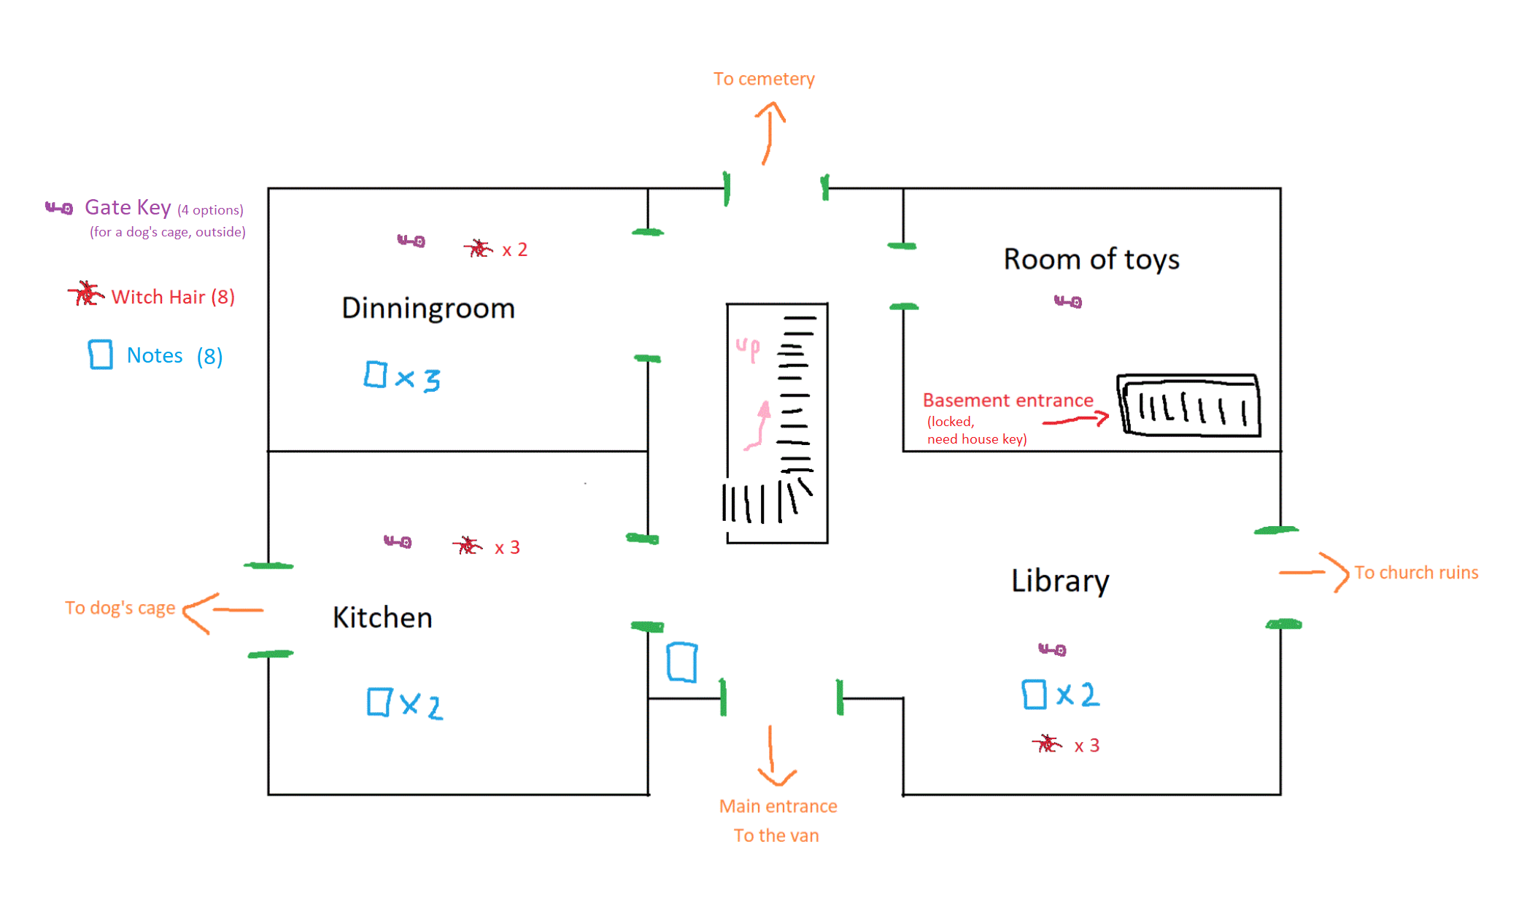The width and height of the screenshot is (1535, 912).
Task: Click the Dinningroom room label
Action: [x=428, y=309]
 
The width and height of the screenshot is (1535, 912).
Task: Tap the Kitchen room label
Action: [x=382, y=618]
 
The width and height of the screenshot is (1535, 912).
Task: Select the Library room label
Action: [x=1060, y=581]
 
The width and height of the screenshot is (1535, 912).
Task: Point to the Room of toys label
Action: [x=1091, y=260]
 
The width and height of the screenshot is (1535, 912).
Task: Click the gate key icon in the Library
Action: [x=1052, y=649]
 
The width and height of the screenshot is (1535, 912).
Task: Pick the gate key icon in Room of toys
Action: [x=1068, y=301]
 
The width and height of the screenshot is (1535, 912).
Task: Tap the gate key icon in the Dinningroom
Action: [x=411, y=241]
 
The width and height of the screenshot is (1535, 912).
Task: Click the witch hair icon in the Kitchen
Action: [x=467, y=546]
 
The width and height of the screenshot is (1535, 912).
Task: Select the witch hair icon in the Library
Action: [x=1047, y=743]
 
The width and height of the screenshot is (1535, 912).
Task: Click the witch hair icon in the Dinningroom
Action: [x=478, y=249]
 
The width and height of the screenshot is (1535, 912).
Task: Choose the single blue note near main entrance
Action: [x=682, y=662]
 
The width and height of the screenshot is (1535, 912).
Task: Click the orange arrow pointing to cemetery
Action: [x=769, y=132]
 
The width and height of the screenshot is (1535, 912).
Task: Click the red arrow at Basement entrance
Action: [x=1076, y=420]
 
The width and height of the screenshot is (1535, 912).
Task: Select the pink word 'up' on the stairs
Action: [x=748, y=349]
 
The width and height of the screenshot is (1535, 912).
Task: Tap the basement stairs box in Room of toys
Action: [x=1189, y=406]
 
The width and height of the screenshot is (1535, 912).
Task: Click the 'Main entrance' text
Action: [x=778, y=806]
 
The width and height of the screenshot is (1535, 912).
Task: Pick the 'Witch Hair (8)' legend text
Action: [x=173, y=297]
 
